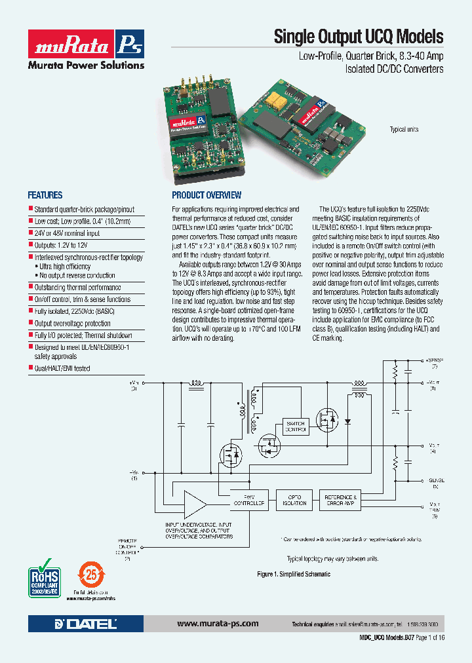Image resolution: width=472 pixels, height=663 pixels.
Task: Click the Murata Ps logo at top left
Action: coord(85,48)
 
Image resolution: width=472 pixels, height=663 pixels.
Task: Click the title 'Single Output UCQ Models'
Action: coord(359,37)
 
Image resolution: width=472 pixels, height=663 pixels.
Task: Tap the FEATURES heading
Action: coord(45,195)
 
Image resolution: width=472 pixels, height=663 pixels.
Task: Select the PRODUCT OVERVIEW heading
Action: coord(206,195)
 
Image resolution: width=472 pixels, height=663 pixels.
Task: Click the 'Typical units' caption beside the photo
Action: coord(404,130)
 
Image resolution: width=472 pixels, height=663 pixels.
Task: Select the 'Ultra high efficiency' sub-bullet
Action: coord(67,267)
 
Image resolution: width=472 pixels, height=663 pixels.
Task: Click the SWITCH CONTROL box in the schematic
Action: coord(295,426)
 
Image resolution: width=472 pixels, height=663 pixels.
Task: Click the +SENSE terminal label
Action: coord(433,362)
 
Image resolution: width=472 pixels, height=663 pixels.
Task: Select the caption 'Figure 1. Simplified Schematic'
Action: coord(293,574)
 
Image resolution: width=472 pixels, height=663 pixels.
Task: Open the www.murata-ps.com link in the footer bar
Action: coord(218,624)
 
